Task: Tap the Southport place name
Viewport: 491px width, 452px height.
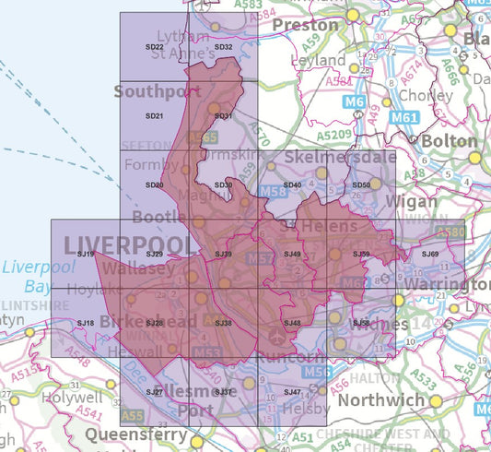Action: click(x=157, y=91)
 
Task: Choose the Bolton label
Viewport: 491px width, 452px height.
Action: click(x=450, y=141)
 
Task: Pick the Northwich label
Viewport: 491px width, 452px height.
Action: click(x=381, y=400)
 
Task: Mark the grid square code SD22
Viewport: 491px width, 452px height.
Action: click(x=154, y=47)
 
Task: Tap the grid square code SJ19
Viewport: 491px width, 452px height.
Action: click(x=86, y=254)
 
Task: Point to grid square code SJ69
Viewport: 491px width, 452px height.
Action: click(x=430, y=254)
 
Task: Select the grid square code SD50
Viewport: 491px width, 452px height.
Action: click(x=361, y=185)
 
